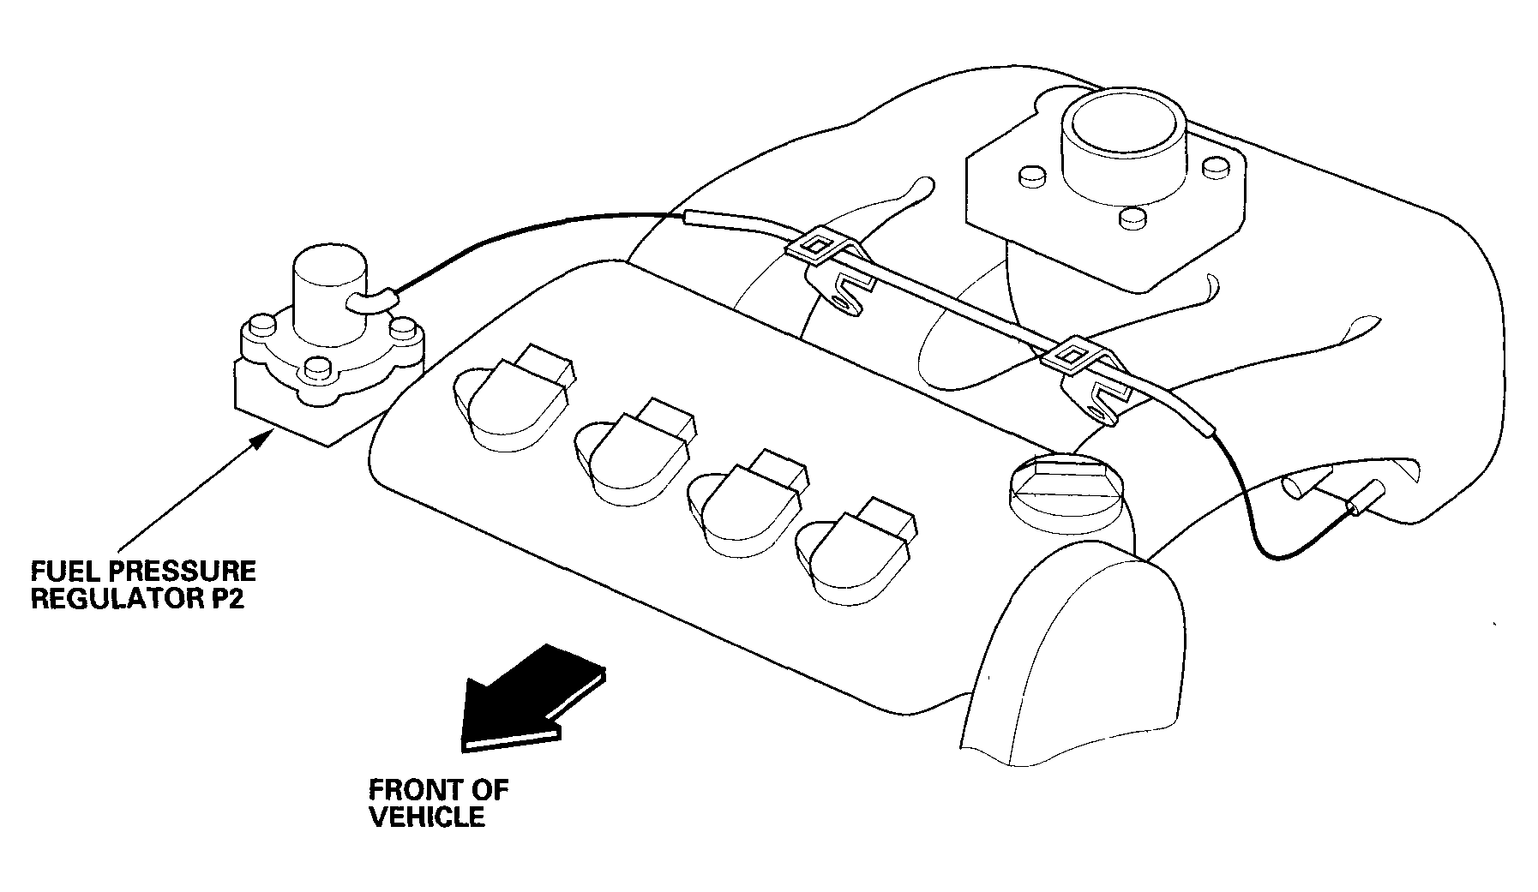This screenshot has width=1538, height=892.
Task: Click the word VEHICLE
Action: [427, 816]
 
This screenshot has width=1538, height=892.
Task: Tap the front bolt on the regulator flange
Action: [317, 369]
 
